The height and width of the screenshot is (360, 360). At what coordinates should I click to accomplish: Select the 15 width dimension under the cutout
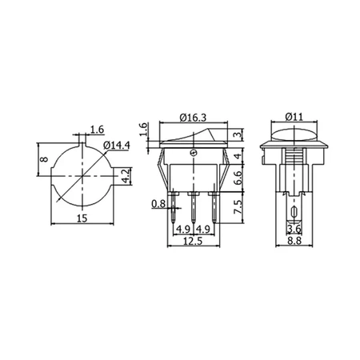(81, 218)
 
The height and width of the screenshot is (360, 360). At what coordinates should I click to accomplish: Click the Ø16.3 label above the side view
(194, 117)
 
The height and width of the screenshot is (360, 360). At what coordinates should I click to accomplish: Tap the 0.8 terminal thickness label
(158, 204)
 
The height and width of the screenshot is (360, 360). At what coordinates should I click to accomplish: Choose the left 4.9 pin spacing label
(182, 230)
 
